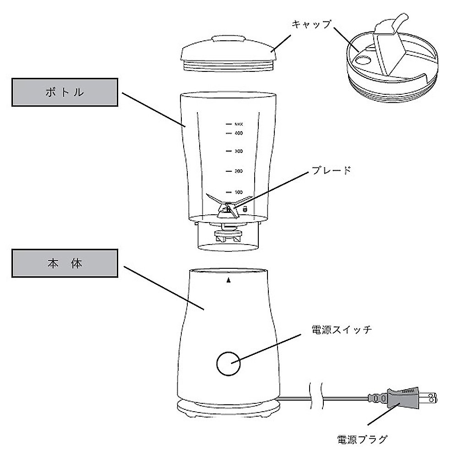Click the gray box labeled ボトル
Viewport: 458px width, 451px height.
[65, 92]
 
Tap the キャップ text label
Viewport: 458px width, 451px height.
[311, 24]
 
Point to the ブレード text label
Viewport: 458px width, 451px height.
[331, 170]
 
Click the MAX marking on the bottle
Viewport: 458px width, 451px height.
[238, 124]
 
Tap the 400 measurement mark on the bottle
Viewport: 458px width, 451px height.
[238, 133]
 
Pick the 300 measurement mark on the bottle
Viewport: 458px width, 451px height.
[238, 151]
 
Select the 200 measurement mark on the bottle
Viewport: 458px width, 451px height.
[238, 171]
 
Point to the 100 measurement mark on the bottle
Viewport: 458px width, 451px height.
[238, 192]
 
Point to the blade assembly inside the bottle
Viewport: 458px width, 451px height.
[227, 208]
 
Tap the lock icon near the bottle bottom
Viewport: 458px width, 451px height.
[245, 209]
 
